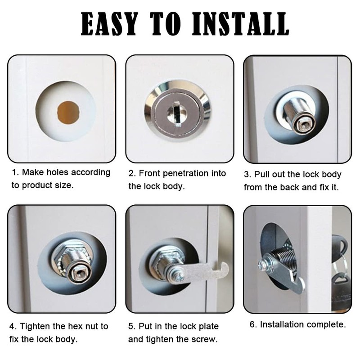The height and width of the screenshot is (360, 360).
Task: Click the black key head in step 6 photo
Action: [341, 245]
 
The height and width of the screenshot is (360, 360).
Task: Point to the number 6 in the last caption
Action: [252, 324]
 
